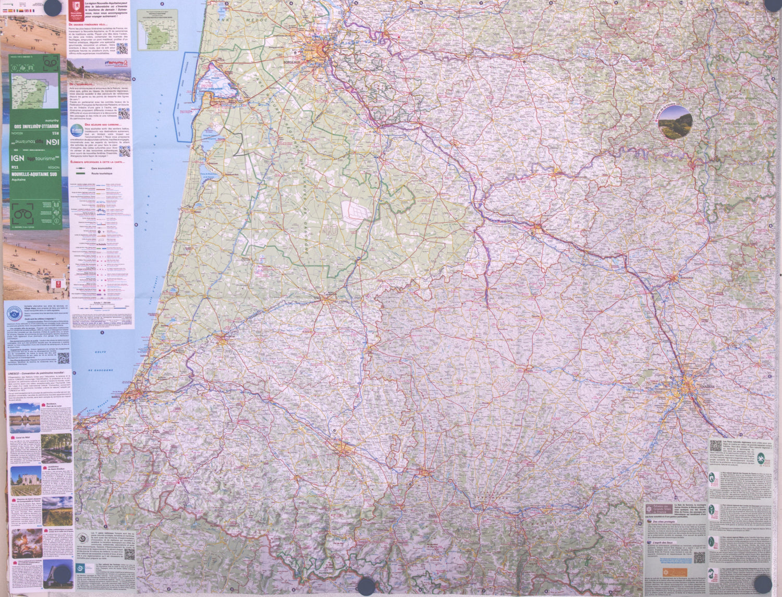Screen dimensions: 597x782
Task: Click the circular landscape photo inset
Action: tap(675, 122)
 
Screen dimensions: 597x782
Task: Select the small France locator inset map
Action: tap(157, 30)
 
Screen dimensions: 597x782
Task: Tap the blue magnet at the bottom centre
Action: tap(366, 586)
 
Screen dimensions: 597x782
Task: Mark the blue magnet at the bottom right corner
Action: tap(763, 584)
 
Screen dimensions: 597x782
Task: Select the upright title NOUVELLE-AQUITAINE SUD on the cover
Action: tap(33, 174)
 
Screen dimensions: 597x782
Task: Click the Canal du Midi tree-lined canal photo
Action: tap(56, 448)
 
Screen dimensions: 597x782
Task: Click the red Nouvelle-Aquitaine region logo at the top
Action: tap(76, 9)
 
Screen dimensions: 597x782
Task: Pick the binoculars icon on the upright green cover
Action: tap(21, 214)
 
